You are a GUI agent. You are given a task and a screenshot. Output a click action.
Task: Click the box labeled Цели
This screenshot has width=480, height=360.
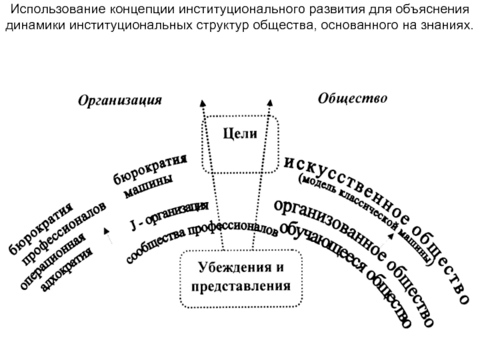point(240,134)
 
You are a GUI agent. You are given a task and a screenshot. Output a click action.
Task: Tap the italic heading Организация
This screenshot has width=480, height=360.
point(119,100)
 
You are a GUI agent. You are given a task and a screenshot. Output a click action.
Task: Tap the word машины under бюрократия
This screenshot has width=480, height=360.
point(149,186)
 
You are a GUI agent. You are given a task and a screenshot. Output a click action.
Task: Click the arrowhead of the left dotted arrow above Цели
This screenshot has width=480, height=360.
point(203,103)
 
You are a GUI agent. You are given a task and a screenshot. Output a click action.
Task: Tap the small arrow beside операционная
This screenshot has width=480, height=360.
point(107,234)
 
